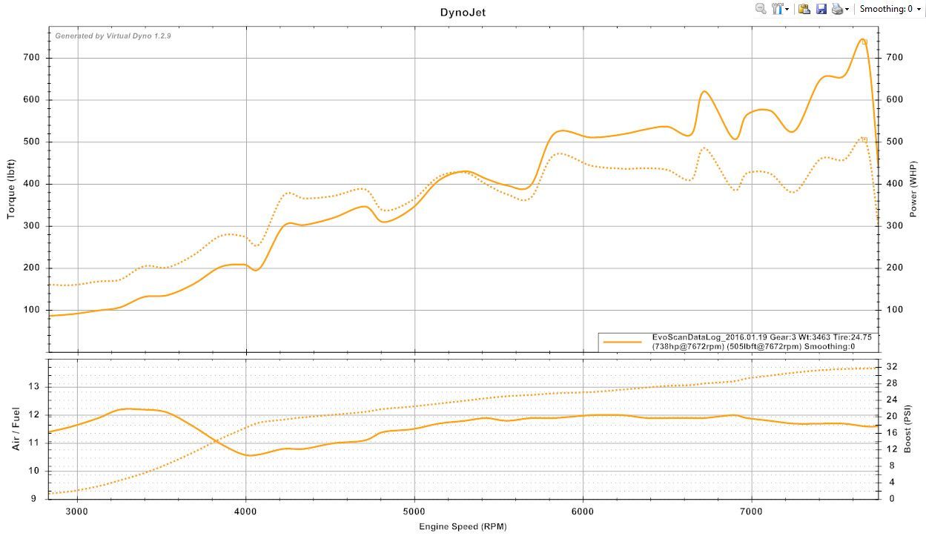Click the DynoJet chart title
463,12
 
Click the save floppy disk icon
821,9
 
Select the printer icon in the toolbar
837,9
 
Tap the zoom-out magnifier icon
760,9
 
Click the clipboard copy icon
804,9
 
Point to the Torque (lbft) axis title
11,189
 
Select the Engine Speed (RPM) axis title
463,526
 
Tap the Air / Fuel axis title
16,429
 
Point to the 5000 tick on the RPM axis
414,511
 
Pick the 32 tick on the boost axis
892,367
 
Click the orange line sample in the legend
622,342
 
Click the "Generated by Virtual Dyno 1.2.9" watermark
113,36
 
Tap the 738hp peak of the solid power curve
862,39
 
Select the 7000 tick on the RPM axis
752,511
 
